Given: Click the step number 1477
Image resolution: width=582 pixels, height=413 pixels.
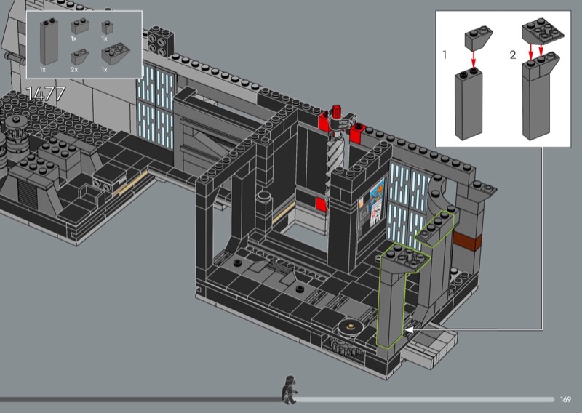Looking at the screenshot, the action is click(46, 94).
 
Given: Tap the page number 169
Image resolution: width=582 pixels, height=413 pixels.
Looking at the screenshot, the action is click(565, 399).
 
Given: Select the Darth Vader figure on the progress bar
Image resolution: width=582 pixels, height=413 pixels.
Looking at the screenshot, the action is click(290, 390).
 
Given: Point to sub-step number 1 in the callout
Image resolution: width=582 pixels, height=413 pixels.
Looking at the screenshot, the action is click(445, 55).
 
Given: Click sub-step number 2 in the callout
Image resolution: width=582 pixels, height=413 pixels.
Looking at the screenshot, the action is click(513, 55).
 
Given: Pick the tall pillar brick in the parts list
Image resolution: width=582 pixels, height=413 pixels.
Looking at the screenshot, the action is click(49, 41).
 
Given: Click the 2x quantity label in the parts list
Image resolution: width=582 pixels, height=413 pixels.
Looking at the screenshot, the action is click(74, 70).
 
